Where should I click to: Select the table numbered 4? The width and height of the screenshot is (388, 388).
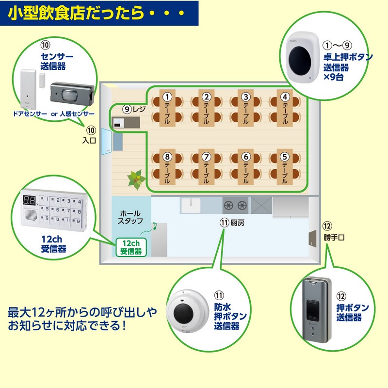coord(286,110)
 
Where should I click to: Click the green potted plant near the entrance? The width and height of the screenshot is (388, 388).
coord(135,179)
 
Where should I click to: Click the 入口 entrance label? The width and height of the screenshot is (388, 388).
coord(90,141)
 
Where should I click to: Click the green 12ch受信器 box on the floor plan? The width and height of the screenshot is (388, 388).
coord(131,247)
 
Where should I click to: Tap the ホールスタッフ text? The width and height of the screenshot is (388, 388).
coord(130,217)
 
